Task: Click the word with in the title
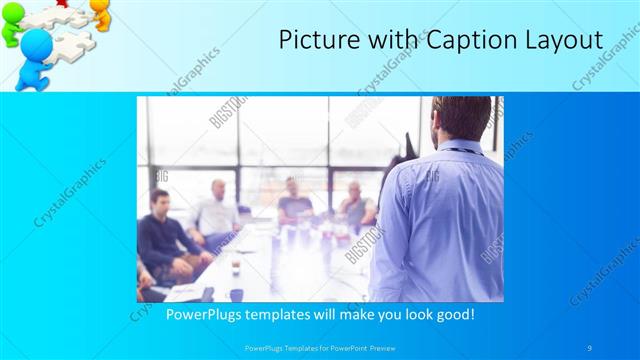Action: click(385, 41)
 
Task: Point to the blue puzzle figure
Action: click(35, 55)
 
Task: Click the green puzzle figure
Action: click(12, 24)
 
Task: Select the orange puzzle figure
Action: click(100, 12)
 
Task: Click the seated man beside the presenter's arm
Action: click(355, 205)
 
